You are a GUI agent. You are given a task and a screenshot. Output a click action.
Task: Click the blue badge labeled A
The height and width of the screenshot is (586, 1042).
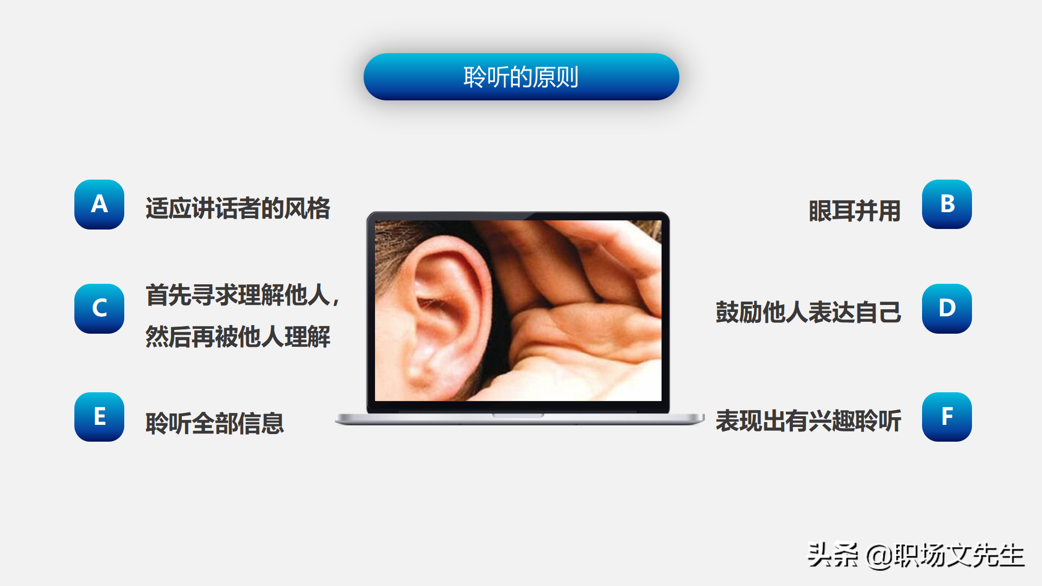(x=99, y=205)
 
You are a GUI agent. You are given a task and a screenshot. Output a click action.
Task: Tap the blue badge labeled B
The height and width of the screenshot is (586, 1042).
(x=947, y=205)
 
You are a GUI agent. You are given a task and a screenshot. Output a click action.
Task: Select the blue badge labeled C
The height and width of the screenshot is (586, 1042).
(x=99, y=309)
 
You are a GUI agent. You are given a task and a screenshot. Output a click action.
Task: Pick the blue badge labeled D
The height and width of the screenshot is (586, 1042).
(x=947, y=309)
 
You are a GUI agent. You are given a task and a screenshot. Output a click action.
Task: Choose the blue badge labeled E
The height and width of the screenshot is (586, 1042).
(x=99, y=417)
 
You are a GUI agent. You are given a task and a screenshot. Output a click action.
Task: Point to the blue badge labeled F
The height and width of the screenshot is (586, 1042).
(x=947, y=417)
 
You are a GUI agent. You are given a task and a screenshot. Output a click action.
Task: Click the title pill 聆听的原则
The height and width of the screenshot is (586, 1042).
(x=521, y=77)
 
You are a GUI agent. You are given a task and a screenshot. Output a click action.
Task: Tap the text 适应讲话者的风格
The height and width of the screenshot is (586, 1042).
(x=238, y=208)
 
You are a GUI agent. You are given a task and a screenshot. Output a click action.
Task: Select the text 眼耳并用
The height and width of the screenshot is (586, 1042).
(x=855, y=211)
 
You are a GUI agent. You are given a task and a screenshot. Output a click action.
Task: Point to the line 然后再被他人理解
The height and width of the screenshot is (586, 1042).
(x=238, y=337)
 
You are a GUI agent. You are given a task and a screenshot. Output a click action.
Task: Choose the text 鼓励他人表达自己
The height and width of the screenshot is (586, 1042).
(x=808, y=313)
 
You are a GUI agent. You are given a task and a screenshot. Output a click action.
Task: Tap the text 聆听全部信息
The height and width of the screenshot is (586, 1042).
(x=214, y=423)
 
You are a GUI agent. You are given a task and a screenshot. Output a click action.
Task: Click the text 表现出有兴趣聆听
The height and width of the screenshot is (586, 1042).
(x=808, y=421)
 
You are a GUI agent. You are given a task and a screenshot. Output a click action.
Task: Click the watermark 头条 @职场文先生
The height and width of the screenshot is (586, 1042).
(x=916, y=556)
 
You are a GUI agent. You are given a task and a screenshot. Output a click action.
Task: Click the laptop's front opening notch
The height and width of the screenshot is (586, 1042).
(x=518, y=415)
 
